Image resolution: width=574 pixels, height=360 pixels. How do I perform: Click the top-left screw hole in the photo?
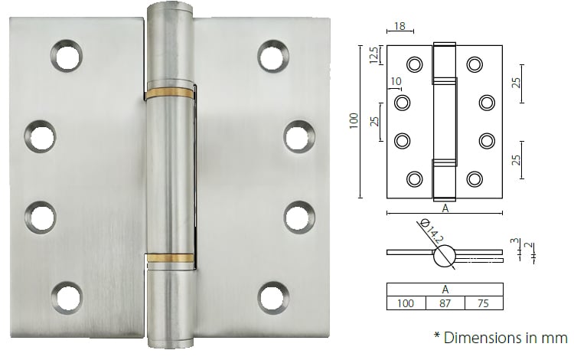[66, 54]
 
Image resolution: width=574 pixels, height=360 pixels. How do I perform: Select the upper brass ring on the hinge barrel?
[171, 93]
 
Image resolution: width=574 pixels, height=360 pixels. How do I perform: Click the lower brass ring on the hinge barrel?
[171, 258]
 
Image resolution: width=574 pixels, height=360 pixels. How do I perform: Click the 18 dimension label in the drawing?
[399, 27]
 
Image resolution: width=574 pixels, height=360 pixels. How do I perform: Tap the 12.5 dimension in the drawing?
[373, 56]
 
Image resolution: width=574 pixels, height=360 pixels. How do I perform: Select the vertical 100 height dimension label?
[354, 120]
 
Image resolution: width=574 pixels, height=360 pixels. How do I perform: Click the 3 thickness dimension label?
[512, 242]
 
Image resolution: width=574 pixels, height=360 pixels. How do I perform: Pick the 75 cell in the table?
[484, 304]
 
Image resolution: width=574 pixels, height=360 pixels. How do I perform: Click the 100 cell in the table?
[406, 304]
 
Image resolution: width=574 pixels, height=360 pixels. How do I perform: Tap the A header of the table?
[445, 290]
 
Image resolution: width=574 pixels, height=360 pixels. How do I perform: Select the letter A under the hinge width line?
[444, 207]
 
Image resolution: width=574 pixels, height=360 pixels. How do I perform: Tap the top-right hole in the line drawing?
[474, 64]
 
